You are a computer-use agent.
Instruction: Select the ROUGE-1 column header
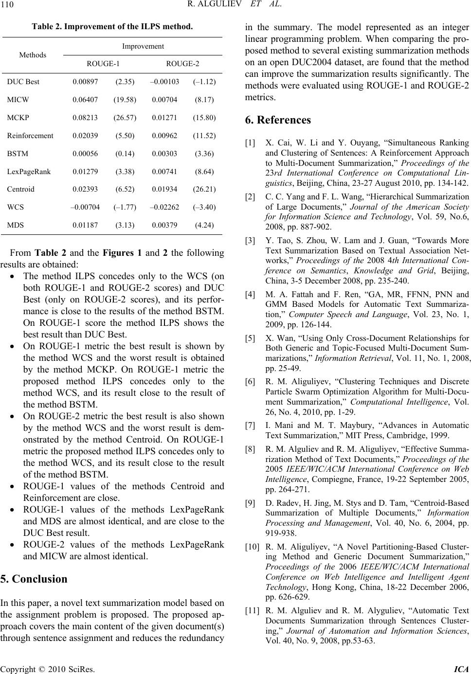(103, 64)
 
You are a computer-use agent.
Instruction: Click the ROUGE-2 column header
(182, 64)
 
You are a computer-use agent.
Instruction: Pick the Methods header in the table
(33, 55)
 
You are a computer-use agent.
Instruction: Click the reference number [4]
(250, 294)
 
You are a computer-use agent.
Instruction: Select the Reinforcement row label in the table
(30, 136)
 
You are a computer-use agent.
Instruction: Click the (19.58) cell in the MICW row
(125, 100)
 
